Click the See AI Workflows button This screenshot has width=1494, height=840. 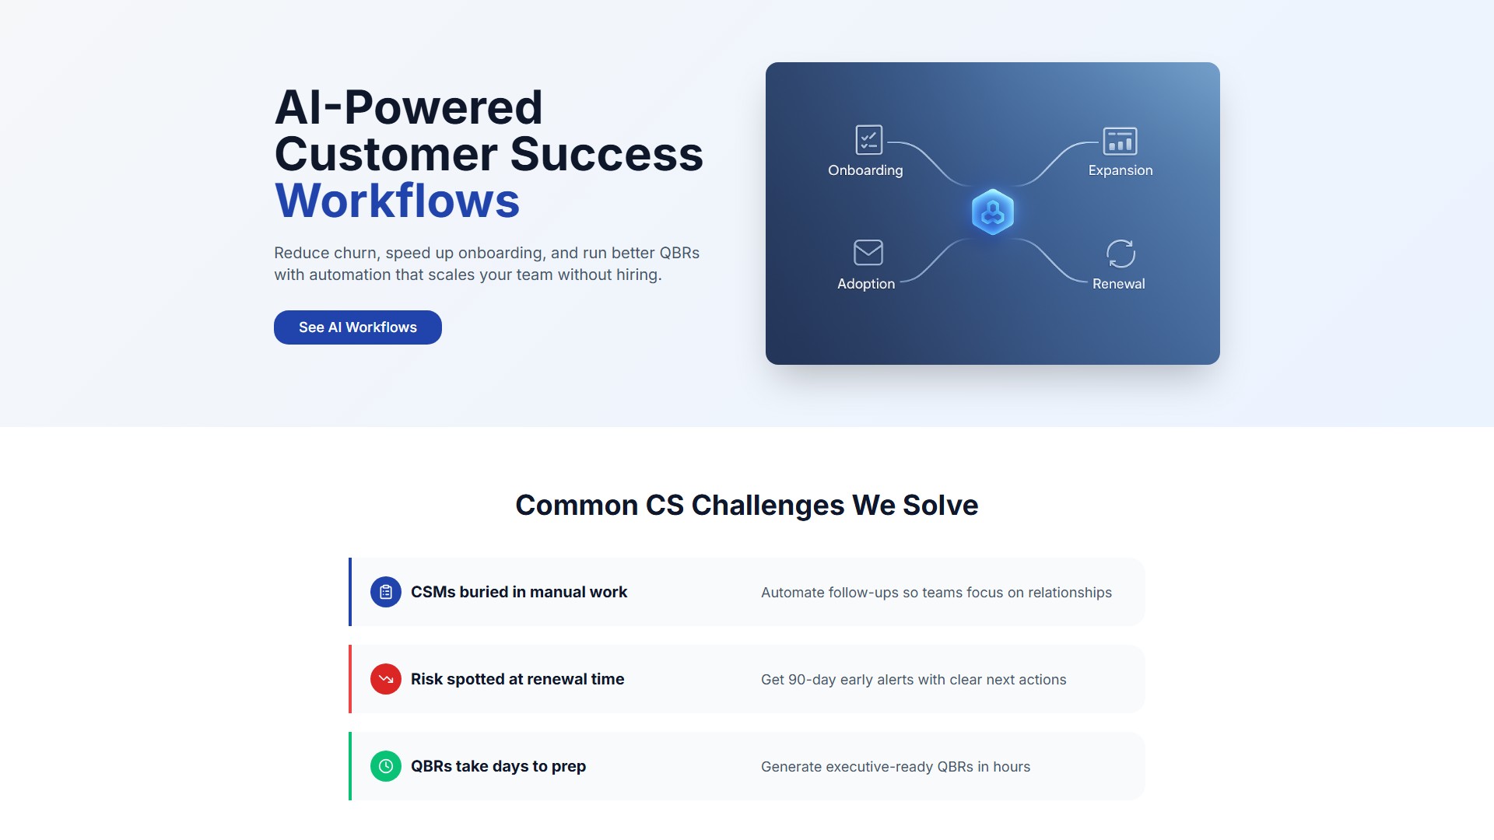[358, 327]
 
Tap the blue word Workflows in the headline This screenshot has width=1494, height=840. [397, 201]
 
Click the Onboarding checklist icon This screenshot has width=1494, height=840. [868, 141]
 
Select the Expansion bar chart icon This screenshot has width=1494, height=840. [1120, 141]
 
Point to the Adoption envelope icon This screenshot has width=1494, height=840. [868, 253]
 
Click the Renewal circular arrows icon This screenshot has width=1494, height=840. [1120, 254]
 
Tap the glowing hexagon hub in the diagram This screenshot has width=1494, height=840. [993, 212]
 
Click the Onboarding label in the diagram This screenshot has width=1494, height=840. [865, 170]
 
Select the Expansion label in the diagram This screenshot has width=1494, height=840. [1120, 170]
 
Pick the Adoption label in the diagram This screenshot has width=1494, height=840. [866, 284]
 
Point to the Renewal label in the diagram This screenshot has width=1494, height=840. [1119, 284]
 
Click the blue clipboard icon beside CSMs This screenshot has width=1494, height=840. [386, 592]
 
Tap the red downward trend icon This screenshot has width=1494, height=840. [386, 679]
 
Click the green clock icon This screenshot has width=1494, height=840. [386, 766]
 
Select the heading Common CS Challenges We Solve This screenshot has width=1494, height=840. [747, 506]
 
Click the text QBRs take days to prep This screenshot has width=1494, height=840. [498, 766]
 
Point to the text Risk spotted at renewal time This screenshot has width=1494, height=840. [517, 679]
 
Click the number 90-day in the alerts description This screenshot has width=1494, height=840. [812, 680]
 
